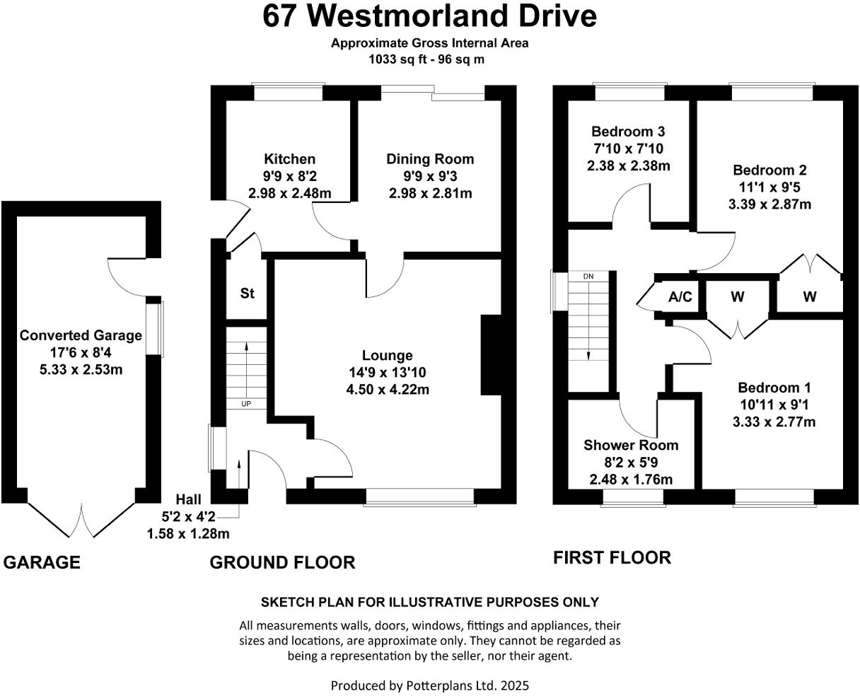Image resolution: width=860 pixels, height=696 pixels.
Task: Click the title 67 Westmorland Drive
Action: click(429, 16)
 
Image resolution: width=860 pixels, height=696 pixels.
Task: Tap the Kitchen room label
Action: click(289, 159)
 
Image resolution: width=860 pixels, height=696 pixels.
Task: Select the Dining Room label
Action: click(429, 159)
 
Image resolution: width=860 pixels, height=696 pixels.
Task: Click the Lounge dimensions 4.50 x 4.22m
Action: click(387, 389)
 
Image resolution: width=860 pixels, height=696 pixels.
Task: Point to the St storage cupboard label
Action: click(247, 293)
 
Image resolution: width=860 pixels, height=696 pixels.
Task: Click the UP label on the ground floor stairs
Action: click(246, 404)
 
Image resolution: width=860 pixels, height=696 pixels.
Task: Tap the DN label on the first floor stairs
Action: click(588, 276)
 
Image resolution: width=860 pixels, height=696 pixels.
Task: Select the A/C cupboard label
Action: click(680, 297)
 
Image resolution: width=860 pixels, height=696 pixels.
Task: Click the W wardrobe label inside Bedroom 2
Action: click(809, 297)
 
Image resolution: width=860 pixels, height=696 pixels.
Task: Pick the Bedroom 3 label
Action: click(628, 132)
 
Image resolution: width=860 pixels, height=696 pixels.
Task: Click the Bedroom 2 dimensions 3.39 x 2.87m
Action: click(769, 204)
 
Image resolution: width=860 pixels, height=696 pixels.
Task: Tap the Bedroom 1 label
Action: click(774, 388)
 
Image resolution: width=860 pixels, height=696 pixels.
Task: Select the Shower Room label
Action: click(630, 445)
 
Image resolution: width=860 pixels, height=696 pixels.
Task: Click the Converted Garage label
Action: click(81, 335)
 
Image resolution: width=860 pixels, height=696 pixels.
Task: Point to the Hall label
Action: click(187, 499)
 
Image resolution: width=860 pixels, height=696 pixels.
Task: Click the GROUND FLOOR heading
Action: click(282, 562)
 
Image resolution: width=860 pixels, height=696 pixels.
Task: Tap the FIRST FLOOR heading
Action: click(612, 557)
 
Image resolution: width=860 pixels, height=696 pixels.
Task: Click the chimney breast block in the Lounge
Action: click(491, 354)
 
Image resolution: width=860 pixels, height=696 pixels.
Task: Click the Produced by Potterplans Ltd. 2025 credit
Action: click(429, 685)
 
